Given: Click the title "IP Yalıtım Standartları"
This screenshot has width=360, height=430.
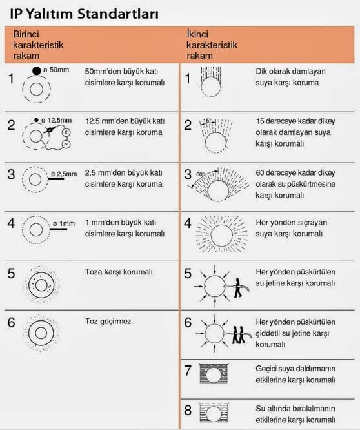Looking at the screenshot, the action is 84,14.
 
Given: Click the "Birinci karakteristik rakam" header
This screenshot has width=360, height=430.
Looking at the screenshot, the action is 38,45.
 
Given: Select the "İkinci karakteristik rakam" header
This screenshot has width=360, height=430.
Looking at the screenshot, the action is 212,45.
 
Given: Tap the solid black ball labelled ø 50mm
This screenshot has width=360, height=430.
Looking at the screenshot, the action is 36,71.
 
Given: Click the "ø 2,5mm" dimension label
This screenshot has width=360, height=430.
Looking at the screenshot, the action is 64,174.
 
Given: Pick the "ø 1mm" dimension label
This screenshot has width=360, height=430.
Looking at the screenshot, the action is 64,224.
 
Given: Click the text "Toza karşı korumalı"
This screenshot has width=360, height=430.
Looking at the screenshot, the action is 119,272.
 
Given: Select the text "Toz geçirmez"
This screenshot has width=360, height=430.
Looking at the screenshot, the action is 108,322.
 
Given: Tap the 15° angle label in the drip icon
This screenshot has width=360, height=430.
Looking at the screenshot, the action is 207,120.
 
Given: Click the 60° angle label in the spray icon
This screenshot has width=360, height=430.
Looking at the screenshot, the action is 200,174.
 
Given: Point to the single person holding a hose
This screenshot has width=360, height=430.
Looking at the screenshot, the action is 238,288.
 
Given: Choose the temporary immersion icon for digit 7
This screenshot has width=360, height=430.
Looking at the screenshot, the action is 214,374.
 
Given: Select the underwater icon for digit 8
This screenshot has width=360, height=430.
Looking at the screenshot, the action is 214,413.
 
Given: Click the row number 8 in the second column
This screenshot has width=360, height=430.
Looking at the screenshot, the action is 188,411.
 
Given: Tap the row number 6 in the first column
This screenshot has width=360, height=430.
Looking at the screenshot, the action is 11,323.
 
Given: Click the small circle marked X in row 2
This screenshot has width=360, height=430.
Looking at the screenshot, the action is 66,132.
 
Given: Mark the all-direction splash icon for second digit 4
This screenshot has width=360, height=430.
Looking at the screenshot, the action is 222,234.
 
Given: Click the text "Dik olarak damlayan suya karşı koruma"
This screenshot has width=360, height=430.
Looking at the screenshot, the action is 291,77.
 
